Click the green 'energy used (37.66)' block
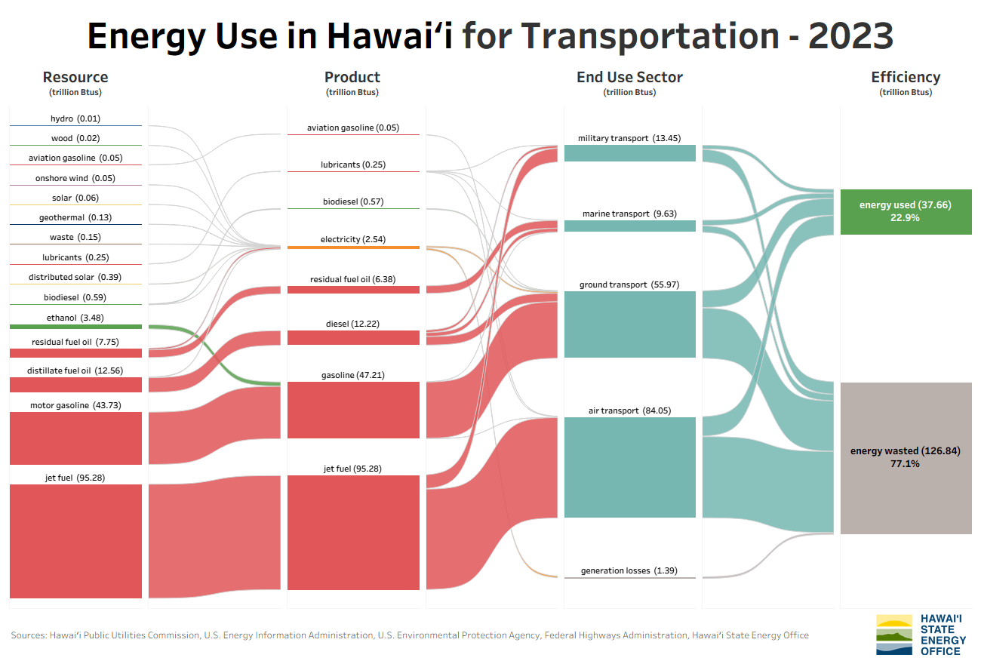click(906, 212)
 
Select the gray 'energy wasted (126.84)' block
click(906, 458)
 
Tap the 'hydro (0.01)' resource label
click(75, 118)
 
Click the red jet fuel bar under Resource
click(75, 541)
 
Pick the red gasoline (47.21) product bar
click(353, 410)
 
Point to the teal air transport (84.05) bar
click(629, 467)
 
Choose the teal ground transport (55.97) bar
click(629, 324)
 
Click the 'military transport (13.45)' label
click(629, 138)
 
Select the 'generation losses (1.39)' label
click(629, 570)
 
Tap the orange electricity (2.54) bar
click(353, 247)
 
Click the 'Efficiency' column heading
click(906, 77)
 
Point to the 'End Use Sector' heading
click(629, 77)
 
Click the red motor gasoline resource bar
click(75, 438)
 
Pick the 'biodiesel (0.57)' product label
click(353, 201)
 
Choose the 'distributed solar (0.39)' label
click(75, 277)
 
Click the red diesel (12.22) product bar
click(353, 337)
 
